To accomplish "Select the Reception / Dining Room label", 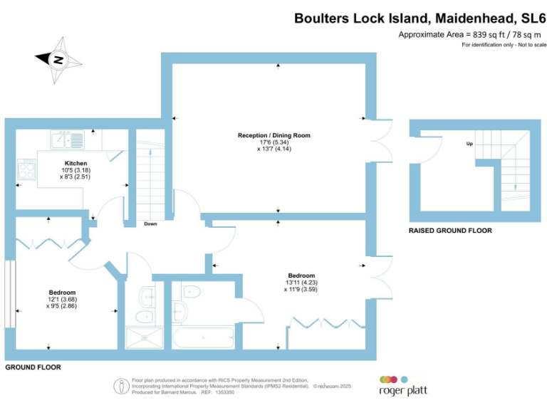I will coord(274,135).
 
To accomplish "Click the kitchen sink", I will coord(68,137).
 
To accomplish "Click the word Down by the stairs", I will coord(150,224).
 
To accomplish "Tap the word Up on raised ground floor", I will coord(469,143).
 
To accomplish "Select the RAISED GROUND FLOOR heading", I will coord(449,231).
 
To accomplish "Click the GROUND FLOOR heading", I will coord(33,367).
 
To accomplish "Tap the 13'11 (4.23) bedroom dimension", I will coord(301,283).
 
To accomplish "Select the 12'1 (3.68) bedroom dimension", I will coord(62,300).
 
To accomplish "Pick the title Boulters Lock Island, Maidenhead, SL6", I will coord(420,19).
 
